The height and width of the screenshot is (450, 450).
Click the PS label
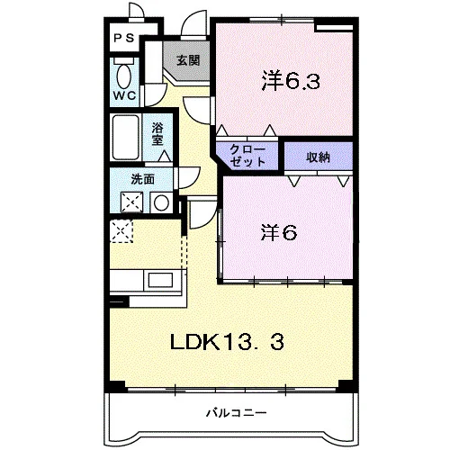pos(123,38)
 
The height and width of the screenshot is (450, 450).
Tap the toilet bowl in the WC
pos(124,76)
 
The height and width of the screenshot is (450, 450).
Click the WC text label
pos(124,95)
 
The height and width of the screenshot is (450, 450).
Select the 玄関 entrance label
pos(188,60)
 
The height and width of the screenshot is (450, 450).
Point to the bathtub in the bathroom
pos(126,138)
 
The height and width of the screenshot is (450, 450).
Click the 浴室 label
pos(157,134)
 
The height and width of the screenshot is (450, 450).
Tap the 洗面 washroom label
pos(143,179)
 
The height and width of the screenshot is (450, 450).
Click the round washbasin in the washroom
pos(161,202)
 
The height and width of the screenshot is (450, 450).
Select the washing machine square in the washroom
pos(131,202)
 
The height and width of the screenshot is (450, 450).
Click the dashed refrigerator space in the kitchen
pos(121,230)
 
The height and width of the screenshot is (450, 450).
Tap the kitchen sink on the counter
pos(160,280)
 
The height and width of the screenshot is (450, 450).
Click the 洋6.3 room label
pos(291,81)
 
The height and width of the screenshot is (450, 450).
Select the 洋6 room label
pos(279,232)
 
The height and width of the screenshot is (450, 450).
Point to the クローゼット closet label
pos(247,156)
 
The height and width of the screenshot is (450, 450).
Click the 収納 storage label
pos(318,157)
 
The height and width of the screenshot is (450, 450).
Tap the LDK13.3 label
pos(227,342)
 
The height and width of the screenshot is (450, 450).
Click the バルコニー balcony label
pos(236,413)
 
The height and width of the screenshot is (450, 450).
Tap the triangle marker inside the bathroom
pos(165,157)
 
